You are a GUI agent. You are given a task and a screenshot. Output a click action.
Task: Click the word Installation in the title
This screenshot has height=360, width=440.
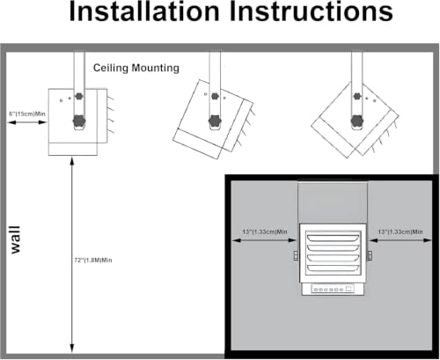(x=144, y=11)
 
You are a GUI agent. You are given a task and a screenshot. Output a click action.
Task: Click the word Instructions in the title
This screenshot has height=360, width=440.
(x=311, y=11)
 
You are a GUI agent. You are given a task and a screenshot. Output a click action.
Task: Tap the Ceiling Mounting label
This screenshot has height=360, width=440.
(x=136, y=68)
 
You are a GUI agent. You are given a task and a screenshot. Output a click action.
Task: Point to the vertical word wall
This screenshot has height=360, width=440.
(x=15, y=239)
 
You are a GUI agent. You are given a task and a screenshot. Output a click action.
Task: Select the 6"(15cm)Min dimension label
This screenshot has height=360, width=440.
(x=27, y=114)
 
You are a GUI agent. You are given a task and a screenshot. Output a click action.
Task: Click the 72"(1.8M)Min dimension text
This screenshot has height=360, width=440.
(x=93, y=261)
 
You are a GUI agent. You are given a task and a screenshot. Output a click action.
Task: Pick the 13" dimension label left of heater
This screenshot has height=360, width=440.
(x=265, y=231)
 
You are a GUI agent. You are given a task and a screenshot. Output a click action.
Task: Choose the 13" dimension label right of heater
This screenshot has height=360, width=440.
(x=400, y=231)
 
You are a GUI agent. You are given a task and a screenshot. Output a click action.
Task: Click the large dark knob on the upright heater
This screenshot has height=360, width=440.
(x=79, y=121)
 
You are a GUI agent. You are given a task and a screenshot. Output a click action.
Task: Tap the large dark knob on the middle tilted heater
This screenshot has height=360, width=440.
(x=215, y=121)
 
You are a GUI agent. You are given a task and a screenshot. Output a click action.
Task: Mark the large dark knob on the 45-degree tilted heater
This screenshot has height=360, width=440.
(x=357, y=121)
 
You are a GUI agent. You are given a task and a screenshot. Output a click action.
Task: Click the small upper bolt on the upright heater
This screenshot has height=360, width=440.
(x=78, y=96)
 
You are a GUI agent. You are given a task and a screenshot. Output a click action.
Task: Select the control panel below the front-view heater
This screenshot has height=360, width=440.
(x=333, y=290)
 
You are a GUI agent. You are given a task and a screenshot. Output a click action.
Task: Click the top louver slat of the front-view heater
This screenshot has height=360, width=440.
(x=333, y=237)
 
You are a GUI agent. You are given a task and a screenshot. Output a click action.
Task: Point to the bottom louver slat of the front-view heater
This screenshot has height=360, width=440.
(x=333, y=268)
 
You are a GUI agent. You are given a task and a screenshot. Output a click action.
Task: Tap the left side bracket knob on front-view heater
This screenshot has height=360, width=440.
(x=296, y=255)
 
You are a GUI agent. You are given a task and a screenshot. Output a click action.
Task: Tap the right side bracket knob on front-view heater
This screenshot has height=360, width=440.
(x=370, y=255)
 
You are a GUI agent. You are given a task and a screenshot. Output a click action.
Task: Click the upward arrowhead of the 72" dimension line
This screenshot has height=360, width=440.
(x=72, y=162)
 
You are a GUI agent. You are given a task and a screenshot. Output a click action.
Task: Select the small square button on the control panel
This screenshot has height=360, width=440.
(x=348, y=289)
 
